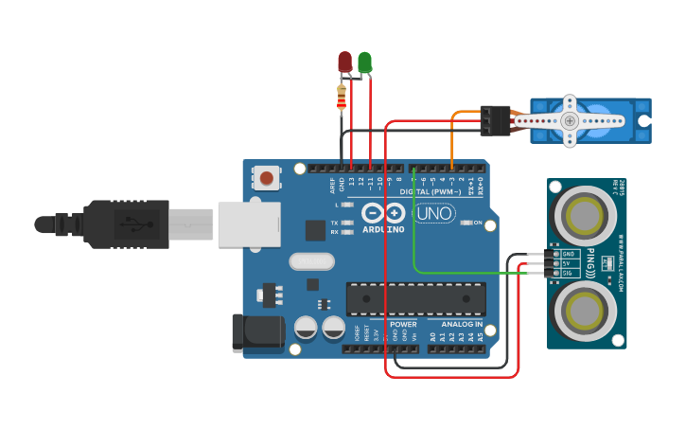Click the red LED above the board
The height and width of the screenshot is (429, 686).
click(x=344, y=62)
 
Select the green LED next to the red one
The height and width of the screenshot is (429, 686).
click(x=364, y=63)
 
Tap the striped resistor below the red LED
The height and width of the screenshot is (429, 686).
click(x=342, y=97)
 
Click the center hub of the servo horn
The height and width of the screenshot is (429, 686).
click(x=570, y=120)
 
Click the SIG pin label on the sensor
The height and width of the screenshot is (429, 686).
click(x=569, y=274)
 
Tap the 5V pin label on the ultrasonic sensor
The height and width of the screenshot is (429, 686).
click(x=568, y=263)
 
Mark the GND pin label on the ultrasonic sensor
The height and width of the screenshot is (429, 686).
click(x=569, y=254)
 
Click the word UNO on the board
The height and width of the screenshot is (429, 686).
click(x=434, y=214)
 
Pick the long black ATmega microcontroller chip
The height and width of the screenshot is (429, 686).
click(x=415, y=298)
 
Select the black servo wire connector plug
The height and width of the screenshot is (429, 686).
click(x=495, y=119)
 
